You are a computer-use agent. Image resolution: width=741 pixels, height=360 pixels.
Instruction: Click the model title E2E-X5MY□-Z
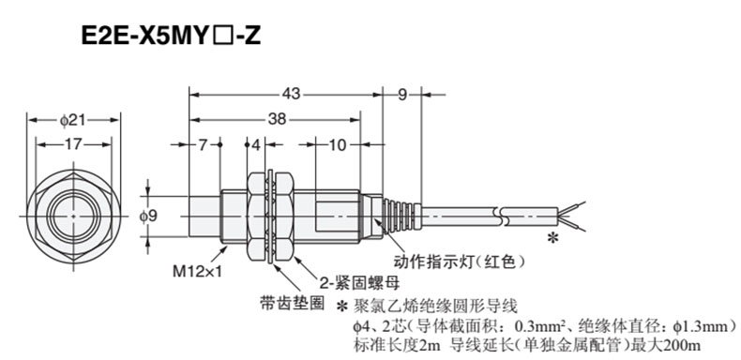click(x=171, y=37)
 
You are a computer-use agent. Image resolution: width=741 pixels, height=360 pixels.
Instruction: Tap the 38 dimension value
click(x=277, y=119)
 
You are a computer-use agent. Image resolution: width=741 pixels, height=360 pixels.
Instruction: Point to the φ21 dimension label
click(x=73, y=120)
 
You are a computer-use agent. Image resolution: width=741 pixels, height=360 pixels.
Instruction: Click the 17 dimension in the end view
click(x=73, y=144)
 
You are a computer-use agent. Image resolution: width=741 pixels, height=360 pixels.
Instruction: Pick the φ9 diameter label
click(x=148, y=216)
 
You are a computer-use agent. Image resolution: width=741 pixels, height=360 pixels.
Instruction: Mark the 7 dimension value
click(x=203, y=144)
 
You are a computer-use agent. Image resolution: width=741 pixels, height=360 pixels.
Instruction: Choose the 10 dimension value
click(x=338, y=144)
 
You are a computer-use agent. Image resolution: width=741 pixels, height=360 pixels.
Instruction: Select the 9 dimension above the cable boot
click(x=401, y=95)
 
